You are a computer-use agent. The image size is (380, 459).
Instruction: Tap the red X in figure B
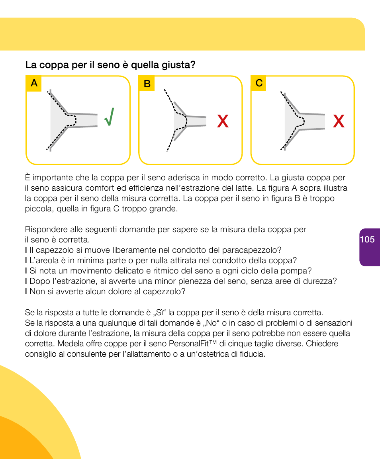pyautogui.click(x=223, y=121)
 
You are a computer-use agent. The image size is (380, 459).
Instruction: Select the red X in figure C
pyautogui.click(x=339, y=121)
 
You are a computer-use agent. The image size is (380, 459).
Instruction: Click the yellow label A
pyautogui.click(x=34, y=84)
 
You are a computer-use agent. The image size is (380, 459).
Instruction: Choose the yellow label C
pyautogui.click(x=259, y=83)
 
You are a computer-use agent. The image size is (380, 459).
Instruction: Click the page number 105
pyautogui.click(x=367, y=239)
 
